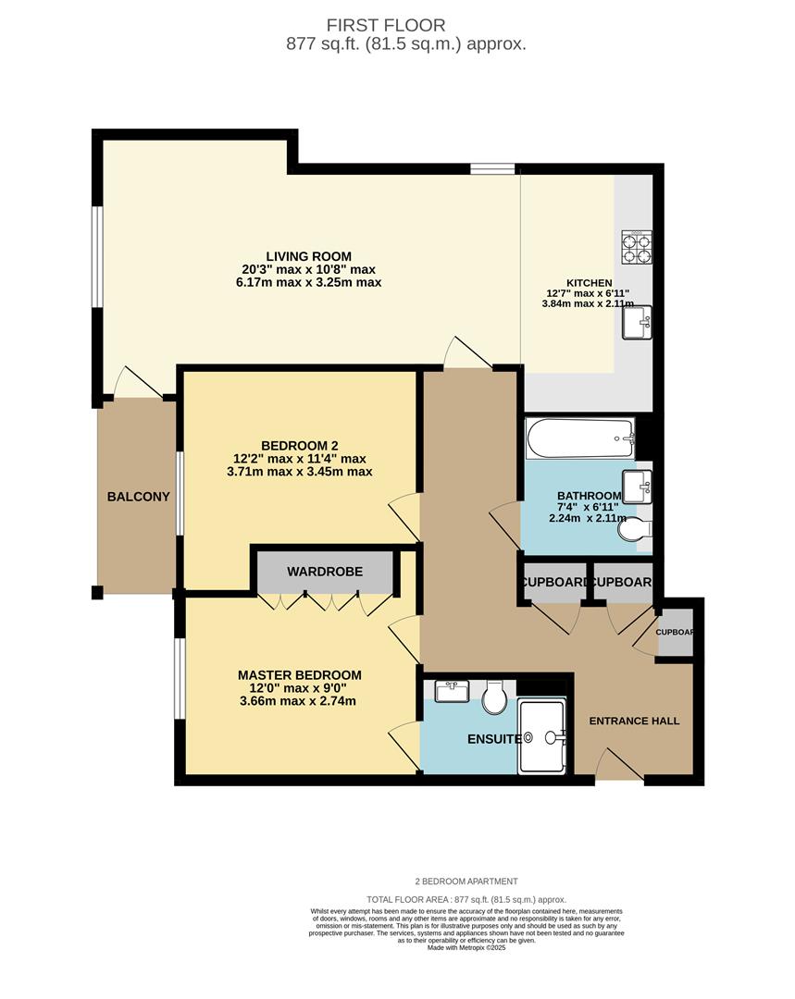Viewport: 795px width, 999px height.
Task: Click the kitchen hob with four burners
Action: (637, 247)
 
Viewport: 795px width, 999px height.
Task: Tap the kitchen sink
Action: (637, 322)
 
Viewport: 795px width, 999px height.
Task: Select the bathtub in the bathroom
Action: (580, 438)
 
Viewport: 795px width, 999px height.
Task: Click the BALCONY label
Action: (139, 497)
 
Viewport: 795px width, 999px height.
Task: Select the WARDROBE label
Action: (324, 572)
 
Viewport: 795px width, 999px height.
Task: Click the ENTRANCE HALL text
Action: (634, 721)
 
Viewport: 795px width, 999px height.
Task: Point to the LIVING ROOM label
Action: (308, 256)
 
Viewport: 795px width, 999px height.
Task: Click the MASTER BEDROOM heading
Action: (299, 675)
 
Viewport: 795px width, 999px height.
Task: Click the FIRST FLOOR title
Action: (399, 26)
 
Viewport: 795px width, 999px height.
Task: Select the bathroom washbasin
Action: (637, 484)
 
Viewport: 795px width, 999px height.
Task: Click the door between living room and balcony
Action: (136, 381)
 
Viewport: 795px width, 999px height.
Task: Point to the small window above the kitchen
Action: (492, 168)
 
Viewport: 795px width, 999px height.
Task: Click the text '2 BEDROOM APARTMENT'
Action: (466, 882)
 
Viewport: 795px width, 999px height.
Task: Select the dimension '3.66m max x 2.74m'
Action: (296, 701)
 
